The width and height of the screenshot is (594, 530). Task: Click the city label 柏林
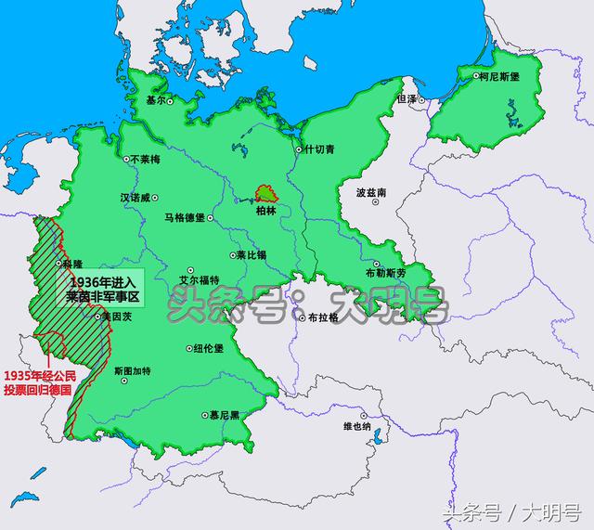pyautogui.click(x=268, y=211)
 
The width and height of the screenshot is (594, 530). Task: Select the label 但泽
pyautogui.click(x=407, y=98)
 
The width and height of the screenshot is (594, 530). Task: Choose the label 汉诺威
pyautogui.click(x=134, y=197)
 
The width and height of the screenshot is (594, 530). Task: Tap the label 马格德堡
pyautogui.click(x=184, y=217)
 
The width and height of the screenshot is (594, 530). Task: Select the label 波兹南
pyautogui.click(x=370, y=193)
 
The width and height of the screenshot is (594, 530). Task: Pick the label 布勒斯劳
pyautogui.click(x=384, y=275)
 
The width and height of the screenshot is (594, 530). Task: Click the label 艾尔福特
pyautogui.click(x=198, y=279)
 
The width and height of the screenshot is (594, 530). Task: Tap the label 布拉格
pyautogui.click(x=322, y=317)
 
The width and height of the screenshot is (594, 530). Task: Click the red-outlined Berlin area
pyautogui.click(x=267, y=193)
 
